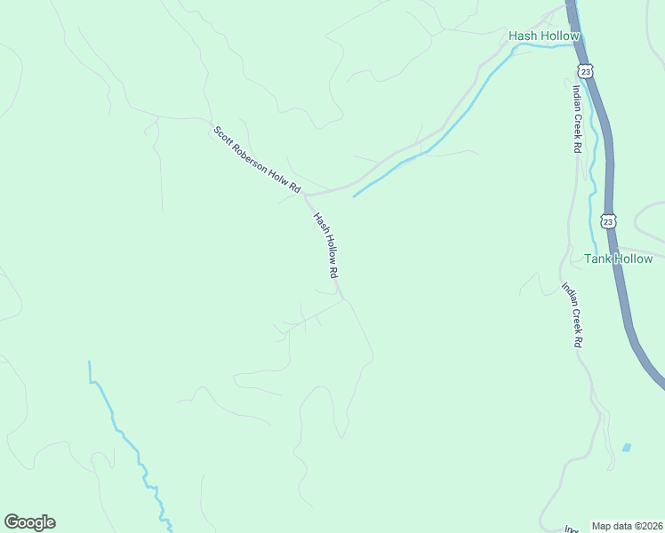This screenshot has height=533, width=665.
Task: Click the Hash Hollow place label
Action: (x=544, y=36)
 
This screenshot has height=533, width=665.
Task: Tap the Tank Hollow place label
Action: (x=618, y=259)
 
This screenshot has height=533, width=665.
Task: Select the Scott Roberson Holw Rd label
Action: (x=258, y=161)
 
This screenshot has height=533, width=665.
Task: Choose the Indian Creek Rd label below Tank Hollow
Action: (x=572, y=314)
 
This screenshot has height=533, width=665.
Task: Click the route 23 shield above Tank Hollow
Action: (x=607, y=219)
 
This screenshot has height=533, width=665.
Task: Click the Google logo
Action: (x=29, y=522)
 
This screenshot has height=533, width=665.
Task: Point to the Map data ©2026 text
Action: (x=627, y=526)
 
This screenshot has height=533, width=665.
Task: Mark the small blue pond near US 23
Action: (x=627, y=448)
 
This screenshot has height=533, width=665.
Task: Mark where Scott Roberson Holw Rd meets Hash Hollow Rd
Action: (x=307, y=194)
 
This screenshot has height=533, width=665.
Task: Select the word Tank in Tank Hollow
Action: (x=597, y=259)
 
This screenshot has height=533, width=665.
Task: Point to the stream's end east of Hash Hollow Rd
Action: (x=355, y=195)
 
